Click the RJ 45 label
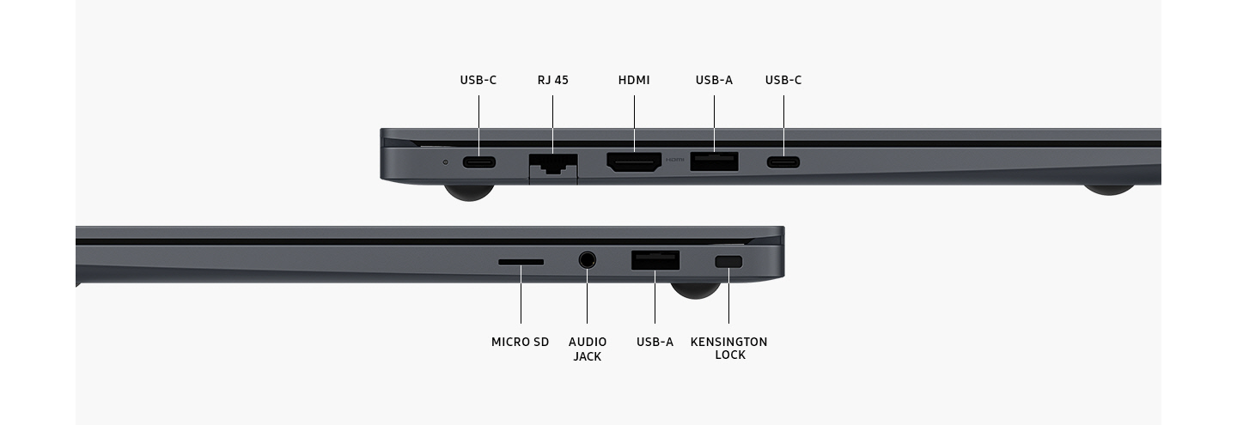552,80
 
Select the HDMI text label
634,80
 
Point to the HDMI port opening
634,162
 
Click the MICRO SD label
520,342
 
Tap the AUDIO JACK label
588,349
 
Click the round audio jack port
588,258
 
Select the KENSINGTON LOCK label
728,349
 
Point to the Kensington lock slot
728,261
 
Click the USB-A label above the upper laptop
714,80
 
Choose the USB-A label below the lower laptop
655,342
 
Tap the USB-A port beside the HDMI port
714,161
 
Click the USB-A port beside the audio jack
655,259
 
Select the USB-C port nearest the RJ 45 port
478,161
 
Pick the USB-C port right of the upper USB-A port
783,161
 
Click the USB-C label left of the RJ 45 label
478,80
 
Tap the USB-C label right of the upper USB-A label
783,80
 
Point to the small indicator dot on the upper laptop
445,161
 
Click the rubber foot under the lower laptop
694,290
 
